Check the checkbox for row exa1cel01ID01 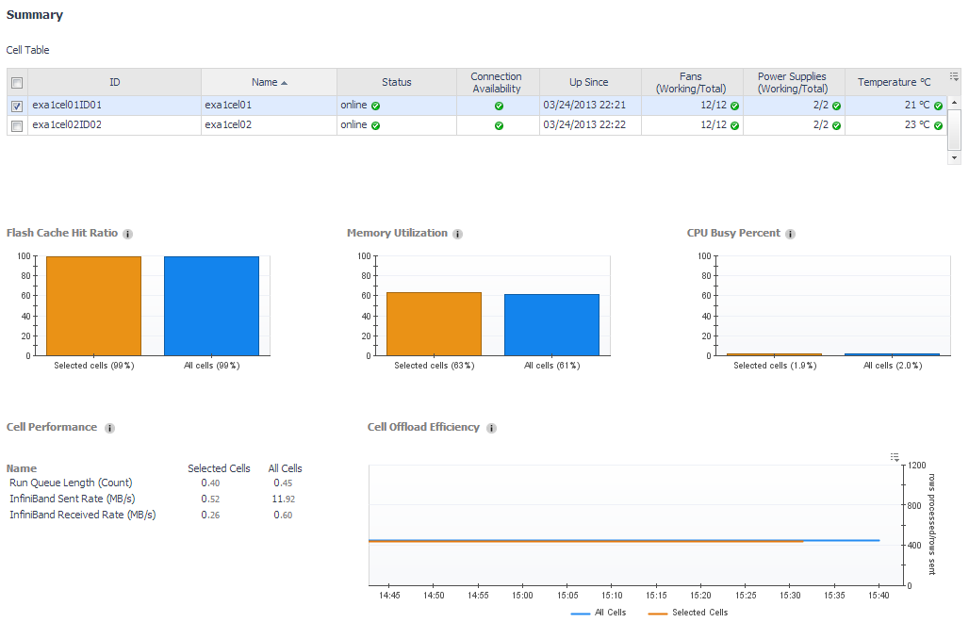point(17,106)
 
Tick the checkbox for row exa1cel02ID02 point(17,124)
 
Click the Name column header point(269,82)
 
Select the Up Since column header point(589,82)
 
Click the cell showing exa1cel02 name point(228,124)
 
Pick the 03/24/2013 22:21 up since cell point(584,106)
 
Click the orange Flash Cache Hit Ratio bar point(93,305)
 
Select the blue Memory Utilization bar point(551,324)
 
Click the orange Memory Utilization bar point(434,323)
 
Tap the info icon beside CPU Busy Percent point(790,234)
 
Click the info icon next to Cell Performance point(109,428)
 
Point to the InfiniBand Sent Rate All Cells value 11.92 point(284,499)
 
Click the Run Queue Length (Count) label point(71,483)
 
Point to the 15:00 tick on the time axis point(522,596)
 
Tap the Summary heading point(35,14)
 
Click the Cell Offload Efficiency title point(423,427)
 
